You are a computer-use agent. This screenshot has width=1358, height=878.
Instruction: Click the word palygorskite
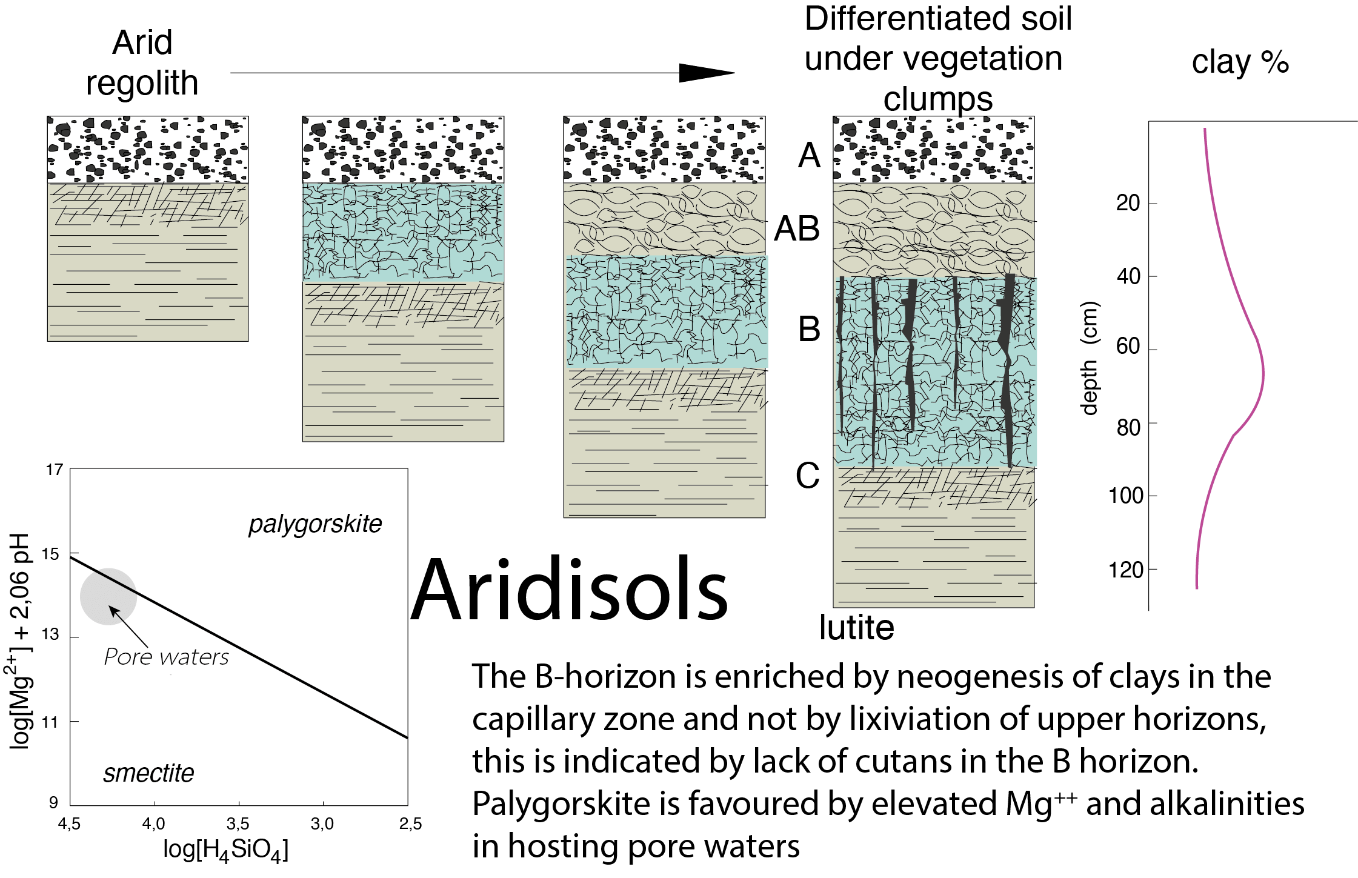315,524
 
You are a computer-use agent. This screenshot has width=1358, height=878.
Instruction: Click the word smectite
148,773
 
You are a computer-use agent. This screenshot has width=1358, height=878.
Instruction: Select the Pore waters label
167,657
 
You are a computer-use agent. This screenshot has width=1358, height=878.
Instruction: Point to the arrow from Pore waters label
128,627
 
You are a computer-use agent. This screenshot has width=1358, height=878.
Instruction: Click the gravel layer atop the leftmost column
148,150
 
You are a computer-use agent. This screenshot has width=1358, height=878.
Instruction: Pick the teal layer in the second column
403,233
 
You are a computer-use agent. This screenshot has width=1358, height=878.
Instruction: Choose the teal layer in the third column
667,311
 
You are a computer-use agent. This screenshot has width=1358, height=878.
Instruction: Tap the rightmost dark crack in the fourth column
1007,370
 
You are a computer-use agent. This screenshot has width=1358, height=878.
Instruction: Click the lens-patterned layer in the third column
664,219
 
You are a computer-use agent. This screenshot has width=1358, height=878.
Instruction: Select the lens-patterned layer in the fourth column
933,230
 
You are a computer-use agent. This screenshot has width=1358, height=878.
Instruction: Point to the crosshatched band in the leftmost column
148,205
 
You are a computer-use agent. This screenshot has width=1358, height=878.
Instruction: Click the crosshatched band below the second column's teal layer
403,305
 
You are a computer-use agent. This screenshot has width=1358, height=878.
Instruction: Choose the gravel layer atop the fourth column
933,150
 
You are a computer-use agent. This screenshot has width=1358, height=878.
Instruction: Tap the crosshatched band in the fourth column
933,488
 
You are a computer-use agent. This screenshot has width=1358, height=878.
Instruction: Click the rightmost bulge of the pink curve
1263,374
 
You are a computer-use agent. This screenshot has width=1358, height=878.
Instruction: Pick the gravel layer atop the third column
664,150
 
